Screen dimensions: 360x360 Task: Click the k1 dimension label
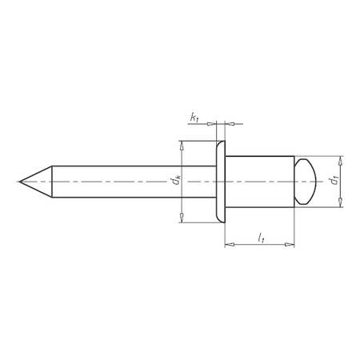tap(194, 118)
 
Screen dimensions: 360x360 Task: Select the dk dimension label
tap(177, 182)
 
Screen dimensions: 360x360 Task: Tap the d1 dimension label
tap(334, 182)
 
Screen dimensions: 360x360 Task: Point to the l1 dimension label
tap(261, 237)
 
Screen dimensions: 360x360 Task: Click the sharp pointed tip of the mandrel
tap(19, 182)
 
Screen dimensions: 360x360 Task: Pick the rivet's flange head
tap(221, 182)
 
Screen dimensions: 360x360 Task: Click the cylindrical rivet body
tap(260, 182)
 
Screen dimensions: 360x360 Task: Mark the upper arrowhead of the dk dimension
tap(182, 145)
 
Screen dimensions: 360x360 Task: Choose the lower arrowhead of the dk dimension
tap(182, 218)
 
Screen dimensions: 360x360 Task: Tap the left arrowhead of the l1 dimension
tap(229, 244)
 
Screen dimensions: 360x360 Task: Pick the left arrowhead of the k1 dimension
tap(213, 124)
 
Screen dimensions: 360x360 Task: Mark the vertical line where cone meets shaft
tap(52, 182)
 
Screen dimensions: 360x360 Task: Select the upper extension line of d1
tap(324, 155)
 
